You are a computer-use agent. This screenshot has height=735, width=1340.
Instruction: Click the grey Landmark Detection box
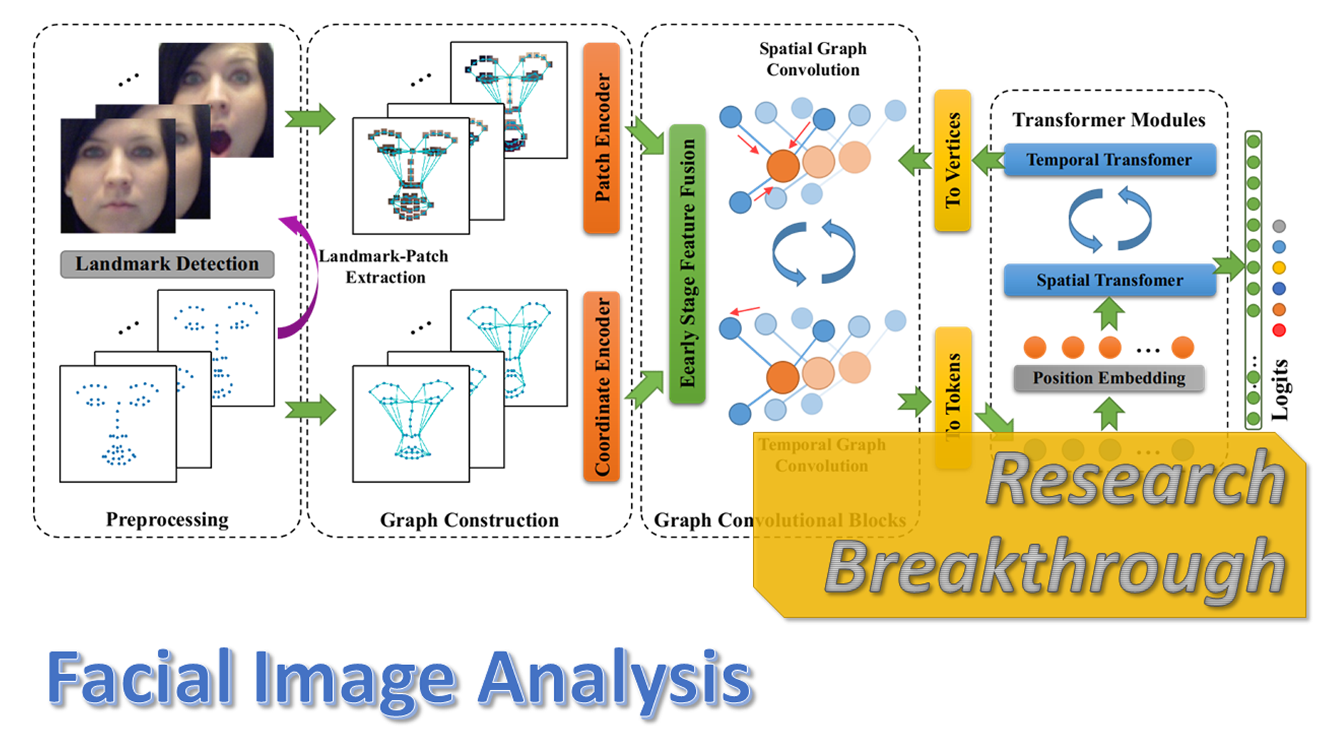click(167, 264)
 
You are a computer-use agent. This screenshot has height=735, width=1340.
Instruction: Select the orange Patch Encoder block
click(602, 138)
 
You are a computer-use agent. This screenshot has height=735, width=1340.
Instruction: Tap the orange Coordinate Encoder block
click(602, 386)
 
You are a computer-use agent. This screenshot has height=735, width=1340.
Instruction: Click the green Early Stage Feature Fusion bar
click(687, 264)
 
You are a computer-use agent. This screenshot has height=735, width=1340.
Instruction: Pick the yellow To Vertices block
click(952, 160)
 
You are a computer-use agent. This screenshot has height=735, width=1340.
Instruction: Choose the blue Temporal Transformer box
click(1109, 160)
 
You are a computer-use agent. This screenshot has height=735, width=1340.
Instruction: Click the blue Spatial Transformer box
click(1109, 280)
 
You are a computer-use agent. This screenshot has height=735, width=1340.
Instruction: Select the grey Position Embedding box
click(1109, 378)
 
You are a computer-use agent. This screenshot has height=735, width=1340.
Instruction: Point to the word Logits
click(1279, 390)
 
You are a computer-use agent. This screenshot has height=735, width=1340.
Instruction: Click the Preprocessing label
click(167, 520)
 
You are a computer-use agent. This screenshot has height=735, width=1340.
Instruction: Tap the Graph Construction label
click(469, 520)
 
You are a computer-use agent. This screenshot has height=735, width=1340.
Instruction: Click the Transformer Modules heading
click(1109, 120)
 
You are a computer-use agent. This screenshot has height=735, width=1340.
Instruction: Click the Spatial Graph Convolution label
click(813, 59)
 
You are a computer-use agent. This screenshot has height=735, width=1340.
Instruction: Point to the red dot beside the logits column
click(1279, 331)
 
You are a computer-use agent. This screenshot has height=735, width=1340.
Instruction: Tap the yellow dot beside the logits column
click(1279, 268)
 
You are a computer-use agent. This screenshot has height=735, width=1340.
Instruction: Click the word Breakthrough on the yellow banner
click(1055, 568)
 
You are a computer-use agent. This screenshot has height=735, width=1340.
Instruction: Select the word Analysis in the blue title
click(616, 679)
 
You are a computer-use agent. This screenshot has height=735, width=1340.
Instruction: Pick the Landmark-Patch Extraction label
click(384, 267)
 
